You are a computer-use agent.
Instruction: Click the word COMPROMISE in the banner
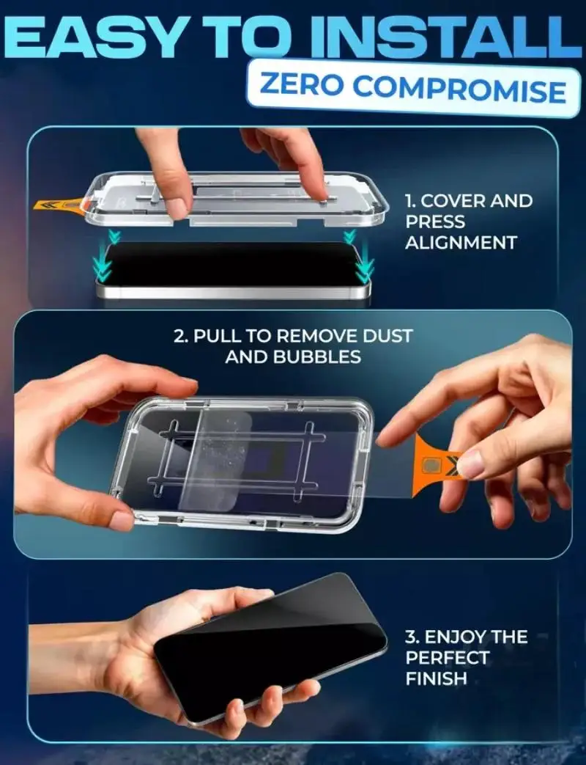pyautogui.click(x=459, y=89)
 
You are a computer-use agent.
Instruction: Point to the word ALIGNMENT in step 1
pyautogui.click(x=461, y=243)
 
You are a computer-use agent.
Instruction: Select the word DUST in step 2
pyautogui.click(x=387, y=336)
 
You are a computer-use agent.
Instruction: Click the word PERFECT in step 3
pyautogui.click(x=447, y=658)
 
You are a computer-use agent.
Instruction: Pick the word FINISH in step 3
pyautogui.click(x=436, y=678)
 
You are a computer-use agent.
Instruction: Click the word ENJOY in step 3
pyautogui.click(x=455, y=637)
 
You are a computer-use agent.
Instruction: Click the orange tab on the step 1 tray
pyautogui.click(x=59, y=205)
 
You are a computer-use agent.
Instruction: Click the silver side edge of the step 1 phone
pyautogui.click(x=233, y=292)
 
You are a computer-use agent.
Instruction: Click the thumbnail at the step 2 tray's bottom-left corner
pyautogui.click(x=122, y=520)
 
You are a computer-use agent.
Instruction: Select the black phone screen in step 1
pyautogui.click(x=233, y=263)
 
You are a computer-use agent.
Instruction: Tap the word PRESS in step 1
pyautogui.click(x=435, y=222)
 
